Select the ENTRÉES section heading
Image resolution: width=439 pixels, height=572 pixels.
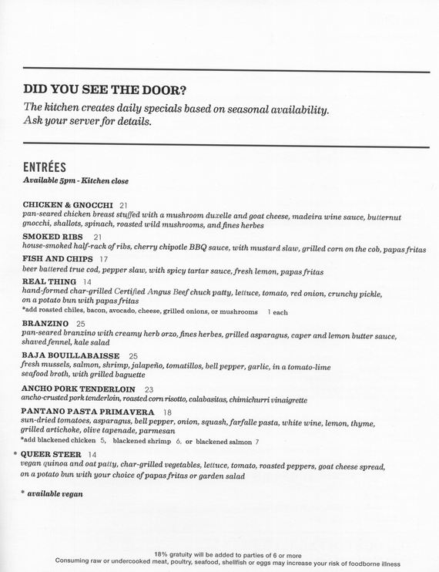click(45, 166)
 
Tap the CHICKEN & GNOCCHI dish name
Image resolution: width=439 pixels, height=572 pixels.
click(69, 205)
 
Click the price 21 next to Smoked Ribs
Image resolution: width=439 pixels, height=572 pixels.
click(97, 237)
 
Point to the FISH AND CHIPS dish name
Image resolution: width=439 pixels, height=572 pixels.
click(58, 258)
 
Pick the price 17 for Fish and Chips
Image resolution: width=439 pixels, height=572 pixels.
click(105, 259)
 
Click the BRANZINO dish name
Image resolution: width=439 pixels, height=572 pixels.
click(47, 323)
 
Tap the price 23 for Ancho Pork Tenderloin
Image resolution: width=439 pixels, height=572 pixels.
click(149, 389)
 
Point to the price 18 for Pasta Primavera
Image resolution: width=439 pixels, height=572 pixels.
click(167, 412)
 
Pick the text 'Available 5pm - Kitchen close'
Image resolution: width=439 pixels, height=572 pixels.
click(75, 180)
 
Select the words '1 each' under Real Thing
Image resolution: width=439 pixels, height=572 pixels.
click(277, 312)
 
